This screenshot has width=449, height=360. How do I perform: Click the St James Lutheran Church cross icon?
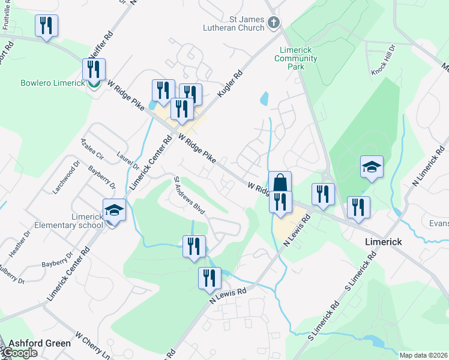[274, 23]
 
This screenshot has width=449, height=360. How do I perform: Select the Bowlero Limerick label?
[44, 83]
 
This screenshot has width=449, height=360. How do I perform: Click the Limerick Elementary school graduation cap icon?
[114, 210]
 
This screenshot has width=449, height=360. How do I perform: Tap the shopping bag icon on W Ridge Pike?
[280, 182]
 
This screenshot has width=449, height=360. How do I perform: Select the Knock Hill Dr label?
[384, 60]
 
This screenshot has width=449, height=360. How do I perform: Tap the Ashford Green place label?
[39, 343]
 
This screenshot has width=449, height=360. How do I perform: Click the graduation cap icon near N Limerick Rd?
[372, 167]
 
